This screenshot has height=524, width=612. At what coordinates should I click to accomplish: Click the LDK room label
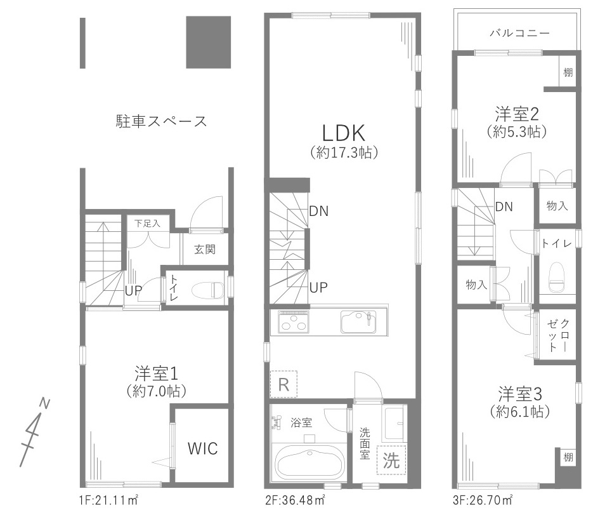pyautogui.click(x=342, y=133)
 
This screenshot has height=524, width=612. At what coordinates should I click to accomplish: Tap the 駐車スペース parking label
pyautogui.click(x=161, y=121)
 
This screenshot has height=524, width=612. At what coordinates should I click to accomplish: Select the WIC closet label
pyautogui.click(x=202, y=448)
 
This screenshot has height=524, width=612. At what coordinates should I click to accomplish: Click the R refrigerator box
pyautogui.click(x=283, y=384)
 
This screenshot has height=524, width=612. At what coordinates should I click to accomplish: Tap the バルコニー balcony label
pyautogui.click(x=519, y=33)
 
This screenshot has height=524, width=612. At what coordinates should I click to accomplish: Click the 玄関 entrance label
pyautogui.click(x=204, y=250)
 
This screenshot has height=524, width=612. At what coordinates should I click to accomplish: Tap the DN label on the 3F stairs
pyautogui.click(x=504, y=206)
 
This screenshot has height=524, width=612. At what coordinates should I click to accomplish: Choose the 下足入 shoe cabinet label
pyautogui.click(x=148, y=224)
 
